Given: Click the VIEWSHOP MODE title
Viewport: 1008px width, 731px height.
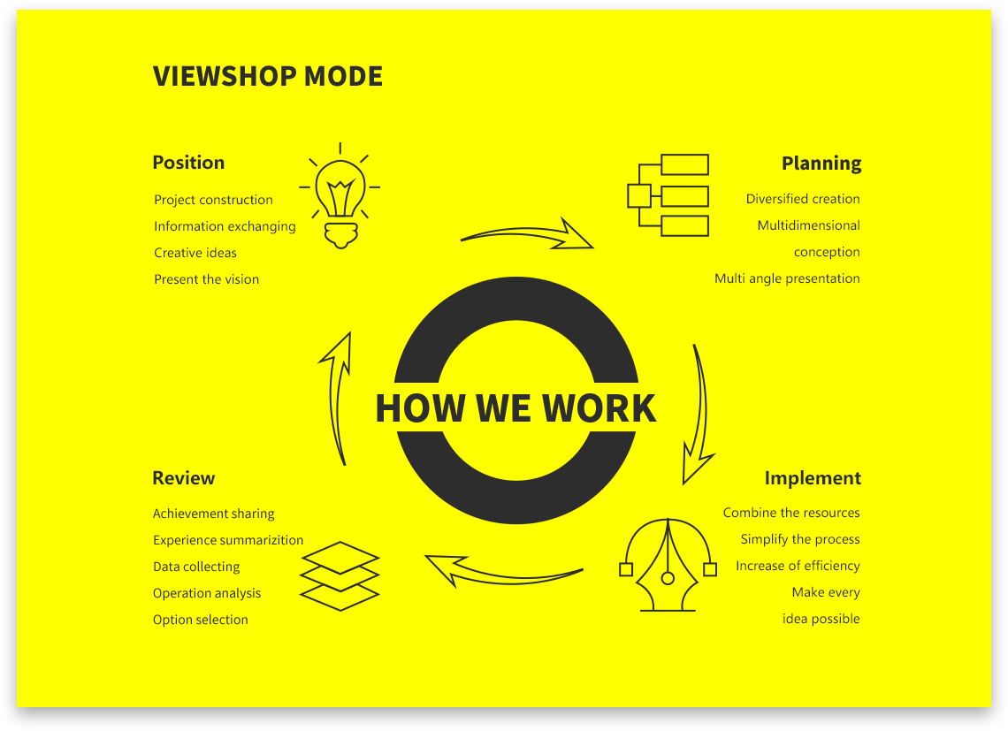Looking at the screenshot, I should [x=268, y=76].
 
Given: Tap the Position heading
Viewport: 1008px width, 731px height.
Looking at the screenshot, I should [x=188, y=163].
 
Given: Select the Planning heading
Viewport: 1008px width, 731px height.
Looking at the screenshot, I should [x=821, y=164].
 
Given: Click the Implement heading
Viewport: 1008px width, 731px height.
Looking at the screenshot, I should [x=813, y=478].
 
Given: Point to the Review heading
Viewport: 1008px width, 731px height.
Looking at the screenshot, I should [x=184, y=478].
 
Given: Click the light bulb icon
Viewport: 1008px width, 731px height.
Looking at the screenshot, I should [x=340, y=197].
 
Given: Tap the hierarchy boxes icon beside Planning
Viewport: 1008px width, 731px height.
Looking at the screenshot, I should [x=669, y=195].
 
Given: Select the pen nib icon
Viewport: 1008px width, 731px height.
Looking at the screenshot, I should [x=668, y=566].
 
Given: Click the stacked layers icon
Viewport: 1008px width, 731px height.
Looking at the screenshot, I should [x=340, y=576].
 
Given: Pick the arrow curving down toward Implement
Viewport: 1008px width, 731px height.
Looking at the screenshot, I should [x=699, y=415].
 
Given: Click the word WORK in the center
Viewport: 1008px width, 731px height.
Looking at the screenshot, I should [x=599, y=408].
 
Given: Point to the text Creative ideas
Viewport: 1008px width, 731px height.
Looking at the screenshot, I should [x=195, y=253].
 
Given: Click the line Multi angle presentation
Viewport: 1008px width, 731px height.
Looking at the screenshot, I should [x=787, y=278].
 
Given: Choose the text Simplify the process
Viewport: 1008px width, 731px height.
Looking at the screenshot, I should [x=800, y=539].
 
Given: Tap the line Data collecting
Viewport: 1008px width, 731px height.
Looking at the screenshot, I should [x=196, y=567].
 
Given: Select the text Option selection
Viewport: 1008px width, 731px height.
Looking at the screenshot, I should [x=201, y=620].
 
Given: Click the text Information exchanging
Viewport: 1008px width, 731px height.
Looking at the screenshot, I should [x=225, y=226].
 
